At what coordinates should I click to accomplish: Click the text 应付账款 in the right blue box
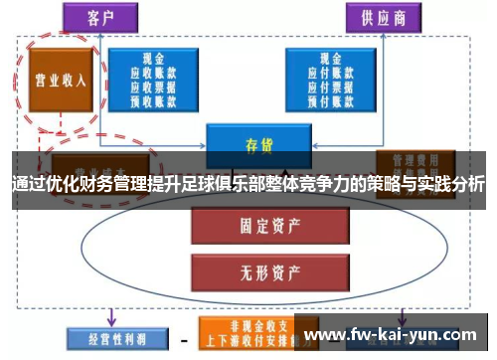point(324,72)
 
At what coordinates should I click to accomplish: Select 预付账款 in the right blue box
point(324,98)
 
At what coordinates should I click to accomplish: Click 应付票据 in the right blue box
point(324,86)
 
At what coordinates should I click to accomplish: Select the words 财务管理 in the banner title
point(106,183)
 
